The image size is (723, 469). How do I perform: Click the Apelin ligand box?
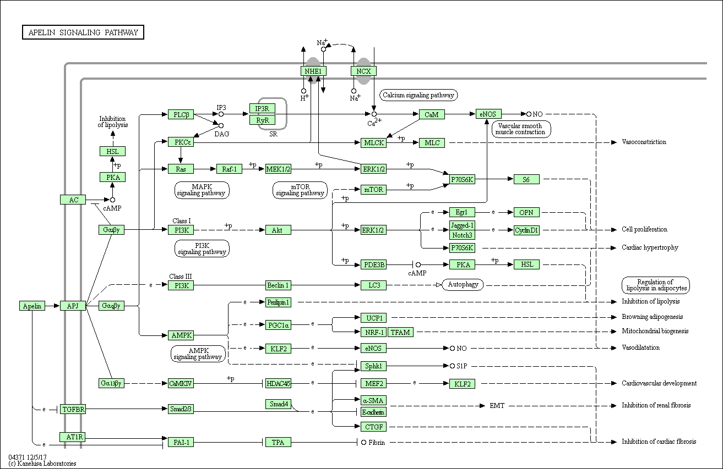click(32, 306)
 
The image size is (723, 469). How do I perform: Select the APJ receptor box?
click(73, 306)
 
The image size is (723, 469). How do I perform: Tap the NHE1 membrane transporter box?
click(313, 71)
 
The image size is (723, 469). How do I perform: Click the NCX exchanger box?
click(363, 71)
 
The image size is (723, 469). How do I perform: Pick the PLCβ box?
click(181, 114)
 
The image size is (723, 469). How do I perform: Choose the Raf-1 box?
click(229, 169)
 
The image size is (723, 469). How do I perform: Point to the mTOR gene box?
click(373, 190)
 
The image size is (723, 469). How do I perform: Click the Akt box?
click(278, 230)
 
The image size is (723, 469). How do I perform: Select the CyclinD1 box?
click(526, 230)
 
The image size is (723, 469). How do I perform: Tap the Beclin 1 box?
click(278, 285)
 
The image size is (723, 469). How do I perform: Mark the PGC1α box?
click(278, 325)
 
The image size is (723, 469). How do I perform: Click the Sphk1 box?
click(373, 366)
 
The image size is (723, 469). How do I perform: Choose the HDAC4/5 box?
click(278, 383)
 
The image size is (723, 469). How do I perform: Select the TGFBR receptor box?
click(73, 410)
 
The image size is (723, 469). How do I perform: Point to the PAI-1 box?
click(181, 442)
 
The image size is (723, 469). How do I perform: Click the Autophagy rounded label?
click(463, 285)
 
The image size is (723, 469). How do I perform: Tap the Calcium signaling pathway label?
click(418, 95)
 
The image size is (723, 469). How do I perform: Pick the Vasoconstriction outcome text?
click(644, 142)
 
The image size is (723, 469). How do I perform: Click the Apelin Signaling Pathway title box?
click(83, 32)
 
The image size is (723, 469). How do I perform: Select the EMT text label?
click(497, 406)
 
